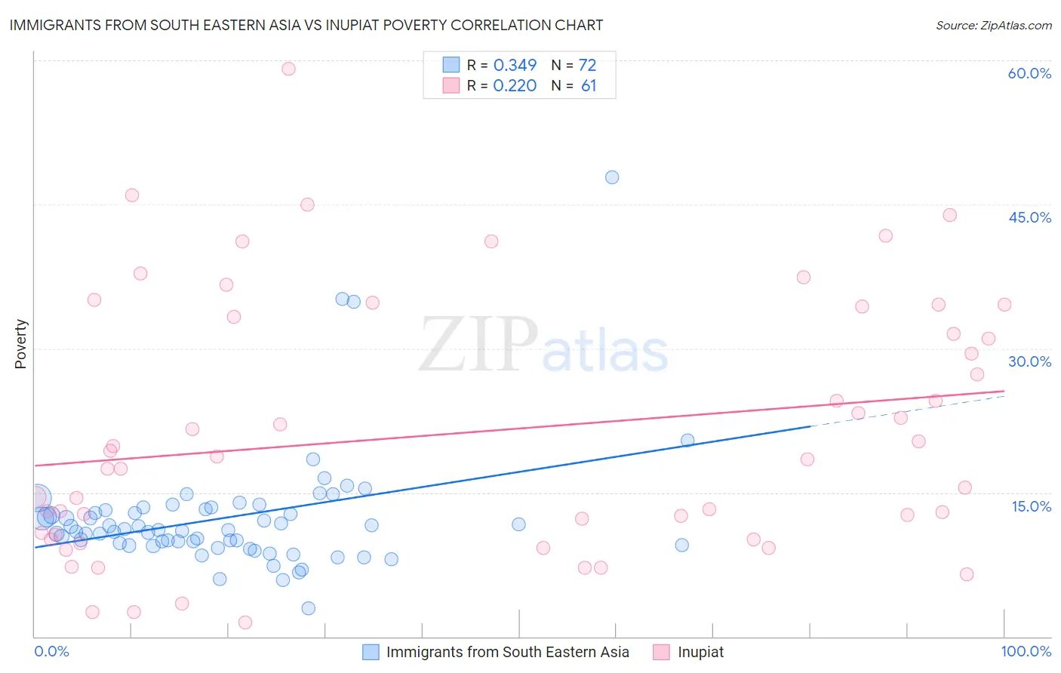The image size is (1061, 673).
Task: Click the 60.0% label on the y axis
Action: [x=1029, y=73]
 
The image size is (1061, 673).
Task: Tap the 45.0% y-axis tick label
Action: [x=1029, y=217]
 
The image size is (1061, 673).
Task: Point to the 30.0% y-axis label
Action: [x=1029, y=361]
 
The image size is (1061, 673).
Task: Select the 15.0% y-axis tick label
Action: [x=1031, y=506]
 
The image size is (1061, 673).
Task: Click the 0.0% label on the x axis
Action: [x=51, y=651]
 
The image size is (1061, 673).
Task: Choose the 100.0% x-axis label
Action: [x=1026, y=651]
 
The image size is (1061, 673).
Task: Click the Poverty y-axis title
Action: [x=20, y=344]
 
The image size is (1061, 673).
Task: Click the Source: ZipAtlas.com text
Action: [x=993, y=25]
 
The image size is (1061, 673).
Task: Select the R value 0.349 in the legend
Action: [x=515, y=65]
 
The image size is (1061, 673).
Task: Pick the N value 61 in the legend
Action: [x=589, y=85]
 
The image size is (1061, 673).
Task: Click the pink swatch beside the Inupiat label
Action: [x=662, y=652]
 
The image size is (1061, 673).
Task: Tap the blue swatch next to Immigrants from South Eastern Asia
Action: [x=371, y=652]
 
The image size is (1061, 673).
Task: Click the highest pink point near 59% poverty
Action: [x=288, y=69]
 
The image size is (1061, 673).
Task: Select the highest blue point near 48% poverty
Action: [x=612, y=177]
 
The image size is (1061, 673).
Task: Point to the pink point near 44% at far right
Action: [x=950, y=215]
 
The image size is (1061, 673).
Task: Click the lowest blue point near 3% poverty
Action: [x=308, y=608]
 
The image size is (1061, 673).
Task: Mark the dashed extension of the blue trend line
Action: [x=906, y=410]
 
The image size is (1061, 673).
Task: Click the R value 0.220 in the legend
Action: [x=515, y=85]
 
